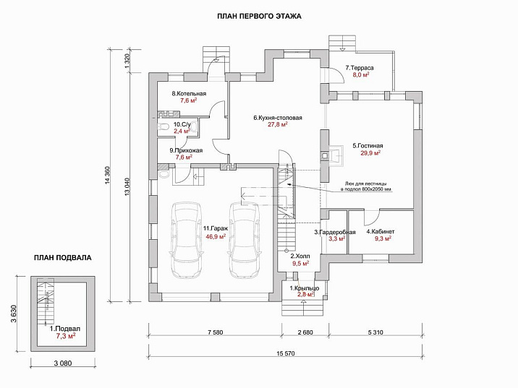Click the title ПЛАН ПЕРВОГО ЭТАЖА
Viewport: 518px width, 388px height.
click(x=259, y=15)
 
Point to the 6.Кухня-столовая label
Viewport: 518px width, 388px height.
click(x=278, y=117)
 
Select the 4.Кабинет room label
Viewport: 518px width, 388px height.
click(x=378, y=231)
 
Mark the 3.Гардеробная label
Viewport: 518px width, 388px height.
click(x=334, y=231)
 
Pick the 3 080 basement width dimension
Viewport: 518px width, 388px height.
click(x=61, y=362)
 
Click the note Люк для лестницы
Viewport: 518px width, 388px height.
click(x=368, y=182)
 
